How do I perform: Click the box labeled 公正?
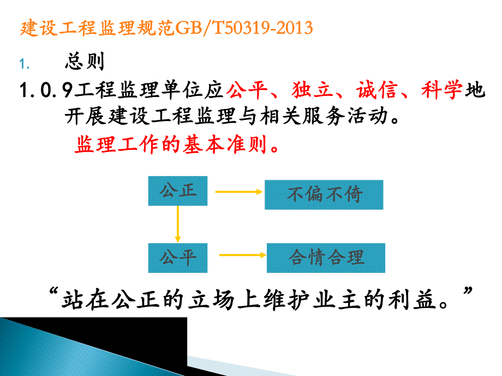pos(177,191)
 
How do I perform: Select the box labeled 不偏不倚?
pos(324,195)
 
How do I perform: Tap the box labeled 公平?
pos(178,258)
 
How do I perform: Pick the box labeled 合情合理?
pos(326,258)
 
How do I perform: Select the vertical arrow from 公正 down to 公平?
pos(177,224)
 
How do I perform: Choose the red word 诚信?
pos(375,90)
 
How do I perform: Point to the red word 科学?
pos(441,90)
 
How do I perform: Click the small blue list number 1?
pos(22,64)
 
